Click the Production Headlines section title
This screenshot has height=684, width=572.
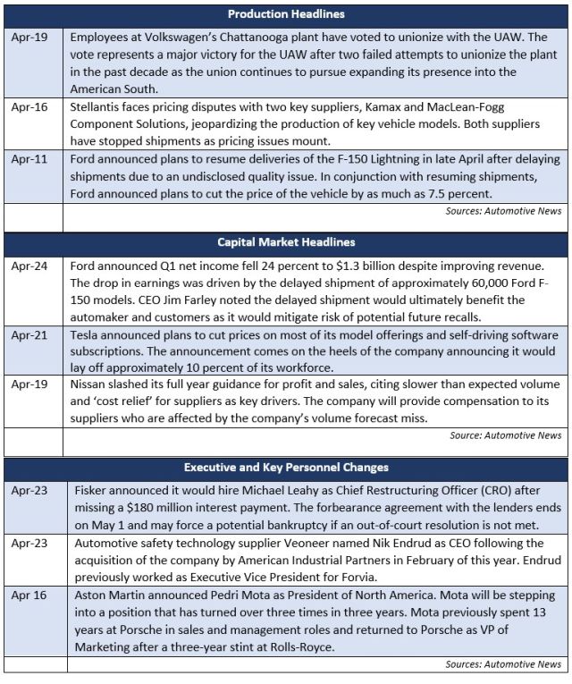286,14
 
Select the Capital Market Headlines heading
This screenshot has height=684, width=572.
286,241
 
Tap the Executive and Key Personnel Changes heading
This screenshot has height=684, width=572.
286,467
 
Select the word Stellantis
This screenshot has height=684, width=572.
97,106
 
